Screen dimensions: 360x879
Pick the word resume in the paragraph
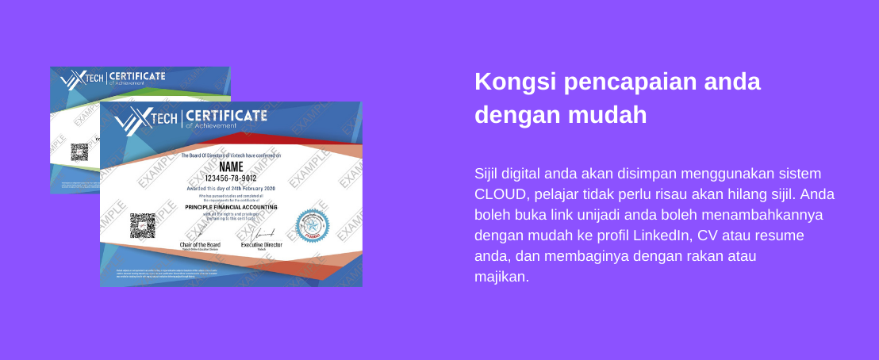click(781, 236)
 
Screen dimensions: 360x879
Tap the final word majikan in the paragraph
click(500, 277)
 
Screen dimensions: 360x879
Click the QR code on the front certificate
click(143, 225)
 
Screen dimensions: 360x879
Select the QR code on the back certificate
click(79, 151)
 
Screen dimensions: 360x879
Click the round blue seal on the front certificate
click(312, 225)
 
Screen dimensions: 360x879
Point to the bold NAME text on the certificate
click(231, 167)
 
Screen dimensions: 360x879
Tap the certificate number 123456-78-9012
click(231, 178)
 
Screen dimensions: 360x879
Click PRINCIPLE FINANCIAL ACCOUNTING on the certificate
click(230, 206)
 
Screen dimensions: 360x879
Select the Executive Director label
click(262, 246)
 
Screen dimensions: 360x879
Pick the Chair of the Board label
click(200, 245)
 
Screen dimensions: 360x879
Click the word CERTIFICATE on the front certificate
click(226, 116)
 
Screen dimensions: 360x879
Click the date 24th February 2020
click(248, 187)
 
